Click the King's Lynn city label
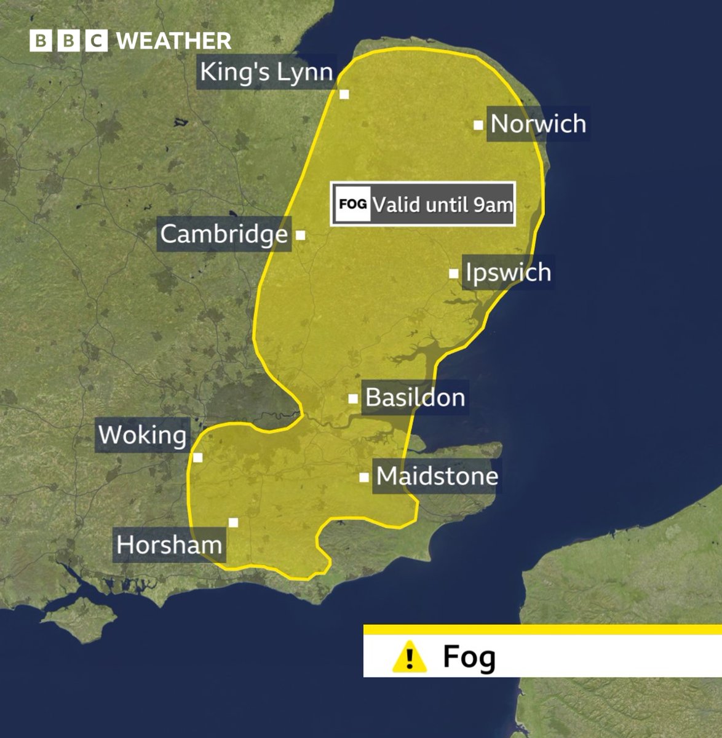(267, 73)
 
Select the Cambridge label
(224, 234)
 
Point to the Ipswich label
(508, 272)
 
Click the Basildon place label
(415, 398)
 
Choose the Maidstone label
(437, 476)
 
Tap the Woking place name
(142, 435)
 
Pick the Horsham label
(169, 545)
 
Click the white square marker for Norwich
(478, 125)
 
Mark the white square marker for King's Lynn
(344, 94)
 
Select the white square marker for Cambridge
(301, 235)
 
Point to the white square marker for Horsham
(233, 523)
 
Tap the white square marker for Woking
(197, 457)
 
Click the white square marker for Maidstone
(364, 477)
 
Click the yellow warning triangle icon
(409, 657)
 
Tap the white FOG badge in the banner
(352, 204)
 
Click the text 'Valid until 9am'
(442, 204)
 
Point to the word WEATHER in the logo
(173, 41)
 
